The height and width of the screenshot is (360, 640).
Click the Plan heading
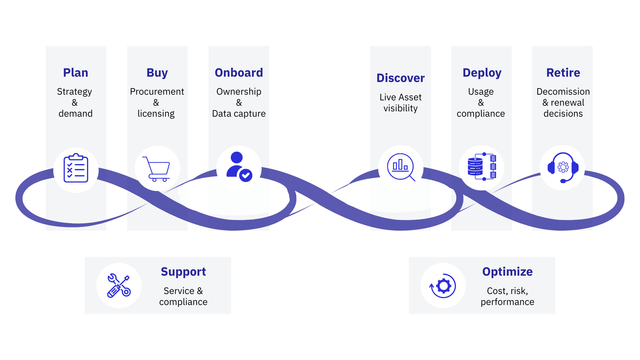pyautogui.click(x=76, y=73)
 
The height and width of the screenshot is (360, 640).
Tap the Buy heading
pyautogui.click(x=157, y=73)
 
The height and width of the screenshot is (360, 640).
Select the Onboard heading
pyautogui.click(x=239, y=73)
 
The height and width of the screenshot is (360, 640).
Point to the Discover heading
pyautogui.click(x=400, y=78)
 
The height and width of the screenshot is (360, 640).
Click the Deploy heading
pyautogui.click(x=482, y=73)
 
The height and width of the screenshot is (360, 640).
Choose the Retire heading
pyautogui.click(x=563, y=73)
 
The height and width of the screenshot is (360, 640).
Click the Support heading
pyautogui.click(x=183, y=272)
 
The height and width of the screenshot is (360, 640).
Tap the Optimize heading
pyautogui.click(x=507, y=272)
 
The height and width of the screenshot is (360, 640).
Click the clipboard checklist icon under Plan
pyautogui.click(x=76, y=168)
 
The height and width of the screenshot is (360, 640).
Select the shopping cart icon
pyautogui.click(x=157, y=169)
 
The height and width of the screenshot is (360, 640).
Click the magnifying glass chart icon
pyautogui.click(x=401, y=167)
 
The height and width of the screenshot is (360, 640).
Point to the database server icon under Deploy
pyautogui.click(x=482, y=166)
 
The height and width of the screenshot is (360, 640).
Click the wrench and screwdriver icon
pyautogui.click(x=119, y=286)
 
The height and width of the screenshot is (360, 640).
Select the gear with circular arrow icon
pyautogui.click(x=443, y=286)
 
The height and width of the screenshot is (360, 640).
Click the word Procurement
pyautogui.click(x=157, y=92)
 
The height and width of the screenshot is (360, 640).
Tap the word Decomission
pyautogui.click(x=563, y=92)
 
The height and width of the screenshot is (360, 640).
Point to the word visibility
pyautogui.click(x=400, y=108)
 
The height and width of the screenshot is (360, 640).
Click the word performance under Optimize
pyautogui.click(x=507, y=302)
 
